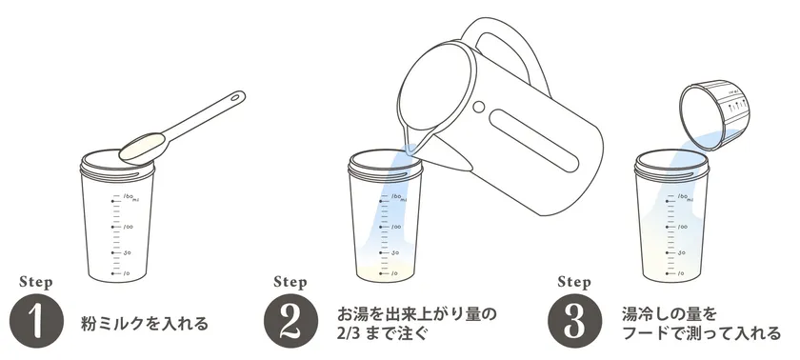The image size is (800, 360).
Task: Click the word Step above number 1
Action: [36, 282]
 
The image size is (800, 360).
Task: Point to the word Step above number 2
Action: [290, 282]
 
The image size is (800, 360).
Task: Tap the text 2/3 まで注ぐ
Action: [380, 334]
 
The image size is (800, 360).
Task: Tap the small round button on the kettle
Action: [477, 106]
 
